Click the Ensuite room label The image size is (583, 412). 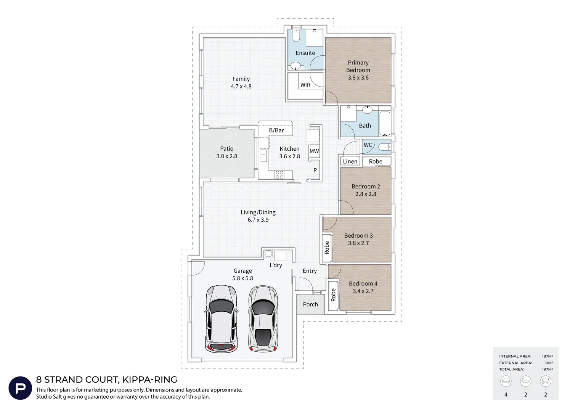[x=305, y=53]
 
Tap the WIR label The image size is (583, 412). [x=305, y=85]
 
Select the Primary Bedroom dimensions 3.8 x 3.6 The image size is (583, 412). [x=358, y=77]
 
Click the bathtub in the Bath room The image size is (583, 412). [x=385, y=123]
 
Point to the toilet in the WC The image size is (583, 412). [x=385, y=147]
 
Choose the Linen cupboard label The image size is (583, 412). [x=350, y=161]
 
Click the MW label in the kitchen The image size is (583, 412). [x=314, y=151]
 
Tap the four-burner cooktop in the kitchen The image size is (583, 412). [x=279, y=175]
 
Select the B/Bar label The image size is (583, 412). [x=276, y=130]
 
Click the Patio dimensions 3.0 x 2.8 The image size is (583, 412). [x=227, y=156]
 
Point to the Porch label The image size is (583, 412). [x=310, y=304]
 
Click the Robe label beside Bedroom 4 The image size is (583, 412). [x=333, y=295]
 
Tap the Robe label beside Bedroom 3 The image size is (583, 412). [x=327, y=248]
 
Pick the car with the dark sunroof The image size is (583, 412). [x=263, y=319]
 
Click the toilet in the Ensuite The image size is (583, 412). [x=296, y=35]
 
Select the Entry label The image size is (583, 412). [x=310, y=271]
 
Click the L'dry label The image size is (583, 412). [x=276, y=265]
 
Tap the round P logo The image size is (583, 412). [x=20, y=388]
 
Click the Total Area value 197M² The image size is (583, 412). [x=548, y=369]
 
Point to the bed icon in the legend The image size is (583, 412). [x=506, y=381]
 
